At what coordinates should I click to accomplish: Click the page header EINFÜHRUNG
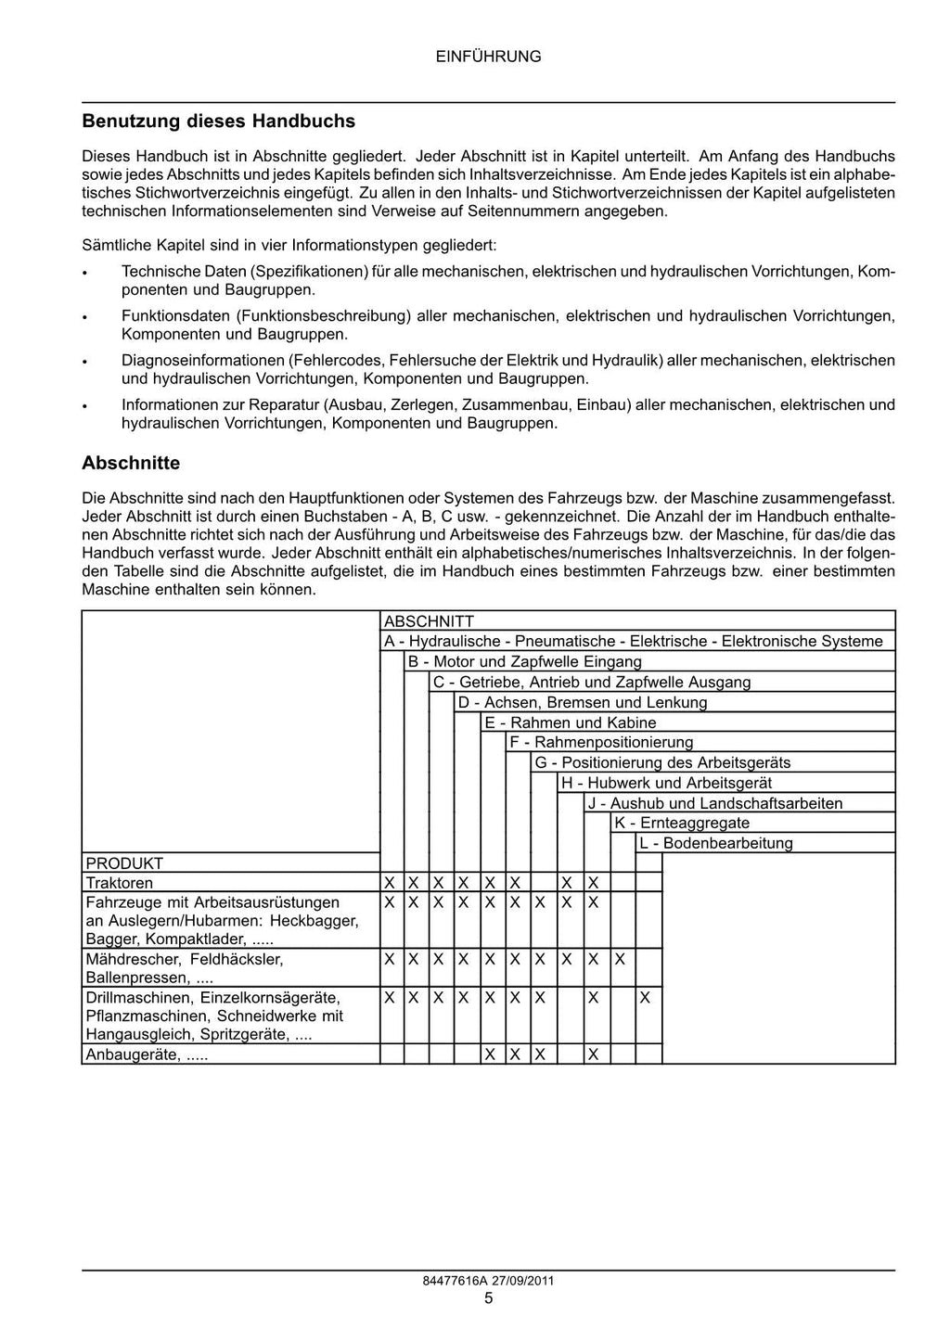coord(488,57)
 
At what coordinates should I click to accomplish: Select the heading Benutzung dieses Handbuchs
coord(218,121)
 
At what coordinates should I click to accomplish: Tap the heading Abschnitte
coord(131,463)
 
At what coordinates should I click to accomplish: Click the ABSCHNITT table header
coord(429,621)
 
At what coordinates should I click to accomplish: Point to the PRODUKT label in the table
coord(124,863)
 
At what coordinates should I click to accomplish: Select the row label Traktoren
coord(120,883)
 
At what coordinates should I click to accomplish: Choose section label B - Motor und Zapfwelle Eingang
coord(524,662)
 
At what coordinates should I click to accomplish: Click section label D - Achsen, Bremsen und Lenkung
coord(583,702)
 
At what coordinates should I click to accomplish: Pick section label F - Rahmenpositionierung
coord(601,742)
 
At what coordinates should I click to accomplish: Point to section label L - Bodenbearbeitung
coord(715,843)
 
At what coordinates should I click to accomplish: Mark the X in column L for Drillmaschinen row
coord(646,999)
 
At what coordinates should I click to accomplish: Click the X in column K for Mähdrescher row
coord(620,958)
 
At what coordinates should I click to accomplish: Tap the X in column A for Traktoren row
coord(390,883)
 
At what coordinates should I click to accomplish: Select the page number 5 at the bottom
coord(488,1298)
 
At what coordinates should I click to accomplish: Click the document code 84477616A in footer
coord(454,1281)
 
